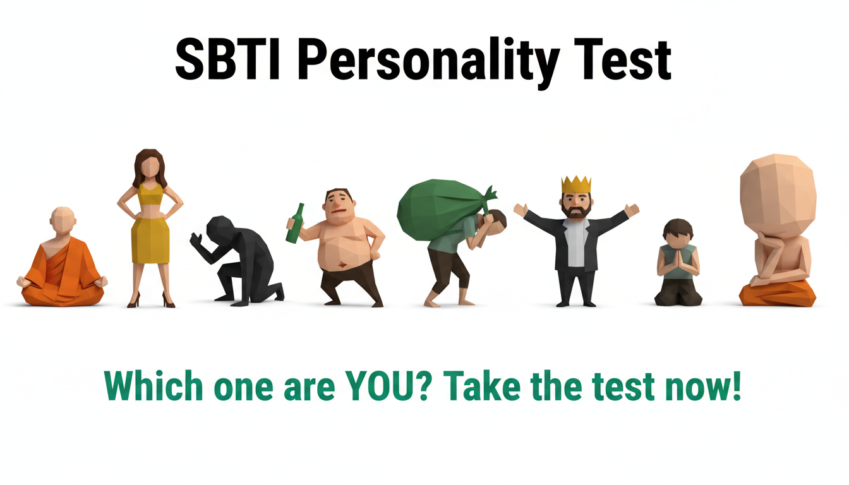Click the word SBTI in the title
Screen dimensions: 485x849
pos(228,60)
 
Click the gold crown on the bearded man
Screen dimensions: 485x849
pos(576,184)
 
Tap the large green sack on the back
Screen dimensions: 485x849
pos(436,205)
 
